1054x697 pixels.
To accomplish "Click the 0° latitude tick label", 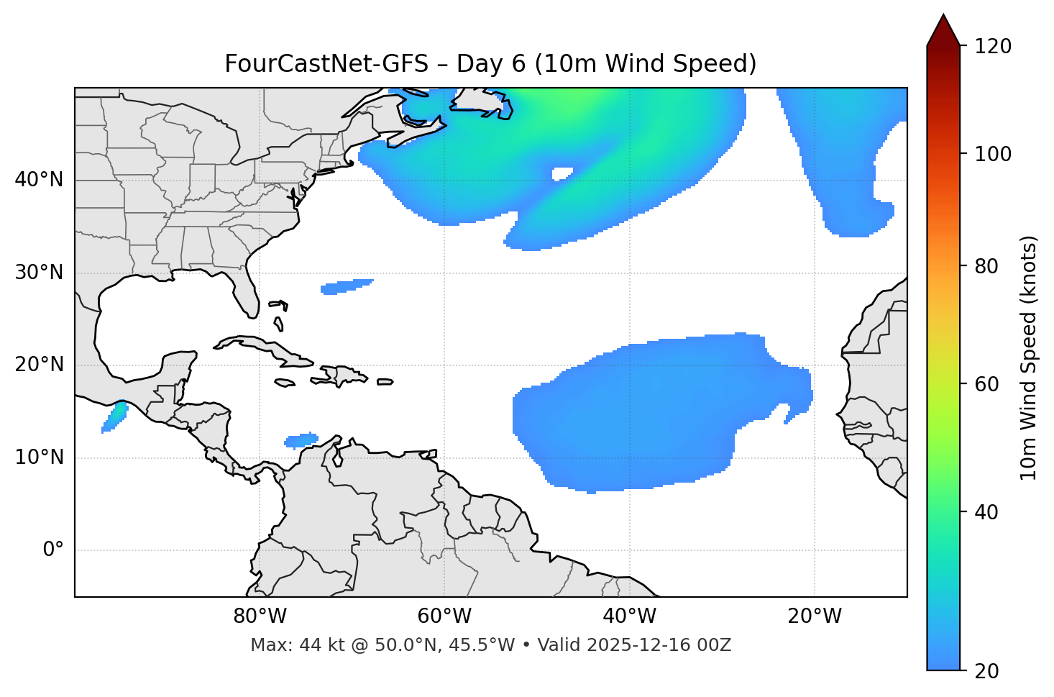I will tap(53, 550).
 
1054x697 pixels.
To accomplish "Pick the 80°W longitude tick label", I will tap(260, 616).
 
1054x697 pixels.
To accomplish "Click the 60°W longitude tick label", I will tap(444, 616).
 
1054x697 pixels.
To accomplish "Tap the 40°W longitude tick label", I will tap(629, 616).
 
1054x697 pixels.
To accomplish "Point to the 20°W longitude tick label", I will tap(815, 616).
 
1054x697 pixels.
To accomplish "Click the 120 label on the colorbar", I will tap(993, 47).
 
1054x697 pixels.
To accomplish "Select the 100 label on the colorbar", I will tap(993, 154).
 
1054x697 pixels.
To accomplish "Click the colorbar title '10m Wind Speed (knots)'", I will tap(1029, 357).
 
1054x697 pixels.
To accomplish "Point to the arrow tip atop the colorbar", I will tap(943, 16).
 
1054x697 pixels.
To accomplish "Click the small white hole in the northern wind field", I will tap(562, 173).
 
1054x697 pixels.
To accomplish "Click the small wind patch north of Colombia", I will tap(302, 439).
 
